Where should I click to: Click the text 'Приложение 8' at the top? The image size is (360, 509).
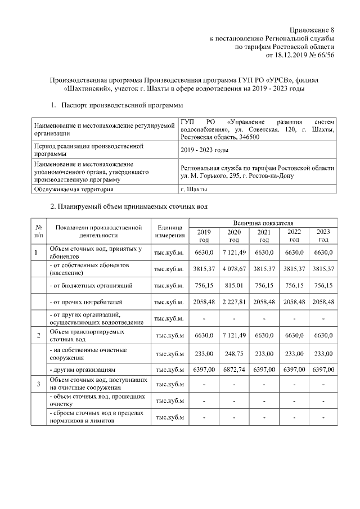[312, 29]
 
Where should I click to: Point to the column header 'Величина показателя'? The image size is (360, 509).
[263, 223]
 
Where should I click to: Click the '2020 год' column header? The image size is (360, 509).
[234, 236]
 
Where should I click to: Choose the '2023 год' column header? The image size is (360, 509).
[323, 236]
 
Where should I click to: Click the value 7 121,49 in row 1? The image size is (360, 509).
[234, 253]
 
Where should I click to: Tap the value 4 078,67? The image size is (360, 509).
[234, 269]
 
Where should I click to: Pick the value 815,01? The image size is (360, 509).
[234, 286]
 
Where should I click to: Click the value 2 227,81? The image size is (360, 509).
[234, 303]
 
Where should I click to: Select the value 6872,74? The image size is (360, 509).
[234, 370]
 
